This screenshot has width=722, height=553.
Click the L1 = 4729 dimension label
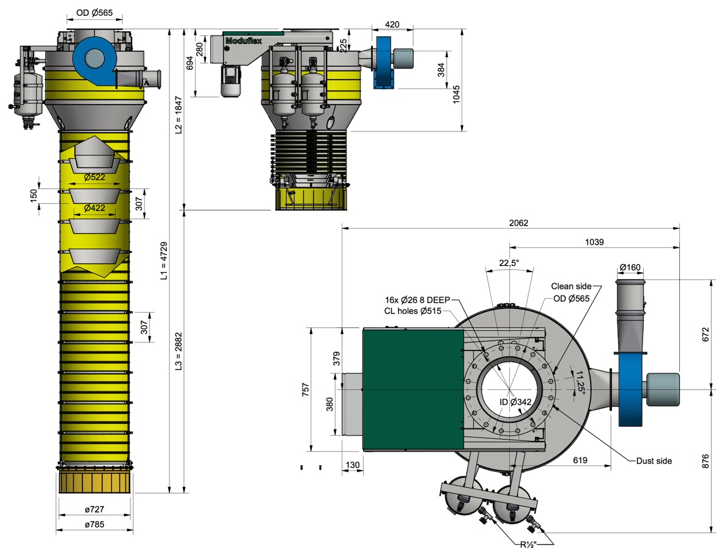[163, 261]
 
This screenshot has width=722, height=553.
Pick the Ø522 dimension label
[94, 177]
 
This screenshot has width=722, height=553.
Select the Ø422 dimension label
[94, 208]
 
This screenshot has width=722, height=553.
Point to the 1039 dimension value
[593, 242]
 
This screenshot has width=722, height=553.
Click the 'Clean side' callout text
[571, 286]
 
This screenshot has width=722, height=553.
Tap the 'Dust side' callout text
[654, 461]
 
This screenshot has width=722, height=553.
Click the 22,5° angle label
[509, 262]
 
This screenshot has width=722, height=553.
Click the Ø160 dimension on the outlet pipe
[630, 267]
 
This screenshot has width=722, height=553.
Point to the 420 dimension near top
[392, 24]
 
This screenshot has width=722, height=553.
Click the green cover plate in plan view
[413, 390]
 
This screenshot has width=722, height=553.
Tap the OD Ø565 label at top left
[94, 13]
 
